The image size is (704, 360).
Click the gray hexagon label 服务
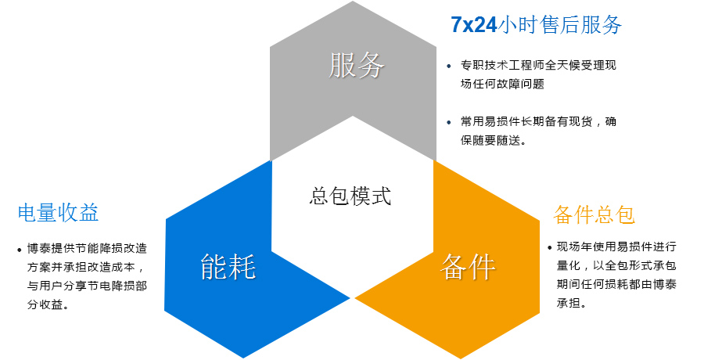coord(357,65)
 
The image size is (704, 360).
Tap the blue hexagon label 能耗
coord(228,267)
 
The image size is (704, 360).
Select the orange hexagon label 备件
coord(468,267)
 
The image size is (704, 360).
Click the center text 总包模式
coord(350,196)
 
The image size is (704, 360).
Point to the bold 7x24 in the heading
coord(474,25)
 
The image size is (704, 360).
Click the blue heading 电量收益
coord(59,213)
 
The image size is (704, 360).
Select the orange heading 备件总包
coord(594,214)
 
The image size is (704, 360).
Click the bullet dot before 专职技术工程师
coord(449,66)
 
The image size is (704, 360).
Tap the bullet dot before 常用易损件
coord(449,122)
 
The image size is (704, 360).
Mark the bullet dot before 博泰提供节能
coord(20,250)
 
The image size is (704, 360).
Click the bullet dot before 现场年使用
coord(550,247)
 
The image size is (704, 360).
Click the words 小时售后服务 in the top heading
coord(559,25)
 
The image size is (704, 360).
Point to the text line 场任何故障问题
coord(502,84)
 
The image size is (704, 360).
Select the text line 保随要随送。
coord(493,140)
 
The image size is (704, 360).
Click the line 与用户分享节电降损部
coord(87,286)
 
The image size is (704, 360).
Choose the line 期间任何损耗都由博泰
coord(616,284)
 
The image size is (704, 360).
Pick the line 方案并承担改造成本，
coord(85,267)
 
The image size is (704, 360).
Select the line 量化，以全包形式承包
coord(616,265)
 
